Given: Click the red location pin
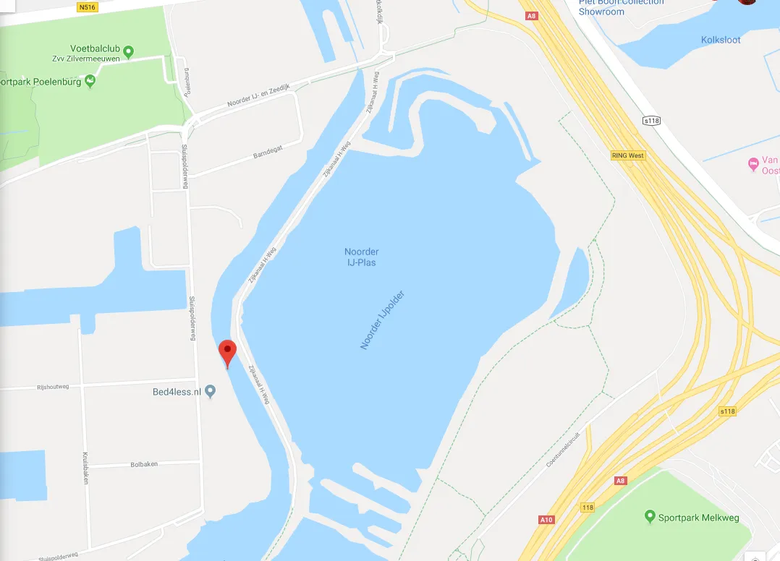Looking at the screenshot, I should tap(228, 353).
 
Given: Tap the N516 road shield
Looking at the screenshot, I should tap(86, 7).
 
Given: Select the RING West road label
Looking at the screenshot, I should tap(627, 155).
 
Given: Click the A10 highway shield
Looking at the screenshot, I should tap(546, 519).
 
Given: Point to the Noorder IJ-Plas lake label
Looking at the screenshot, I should tap(361, 257).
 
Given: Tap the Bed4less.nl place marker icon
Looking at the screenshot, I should tap(211, 392).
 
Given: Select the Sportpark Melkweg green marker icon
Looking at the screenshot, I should tap(650, 517).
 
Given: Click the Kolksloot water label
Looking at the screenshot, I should tap(721, 40).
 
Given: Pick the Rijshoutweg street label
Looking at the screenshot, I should tap(53, 387).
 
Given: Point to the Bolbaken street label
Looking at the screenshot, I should tap(144, 464).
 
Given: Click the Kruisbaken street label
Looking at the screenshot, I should tap(85, 468).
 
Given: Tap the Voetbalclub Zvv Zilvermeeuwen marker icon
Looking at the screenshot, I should tap(129, 51).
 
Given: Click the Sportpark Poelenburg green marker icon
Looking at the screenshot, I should tap(90, 81).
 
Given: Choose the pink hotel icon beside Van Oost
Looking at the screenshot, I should tap(753, 166).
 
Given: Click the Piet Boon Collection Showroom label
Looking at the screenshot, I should tap(621, 7).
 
